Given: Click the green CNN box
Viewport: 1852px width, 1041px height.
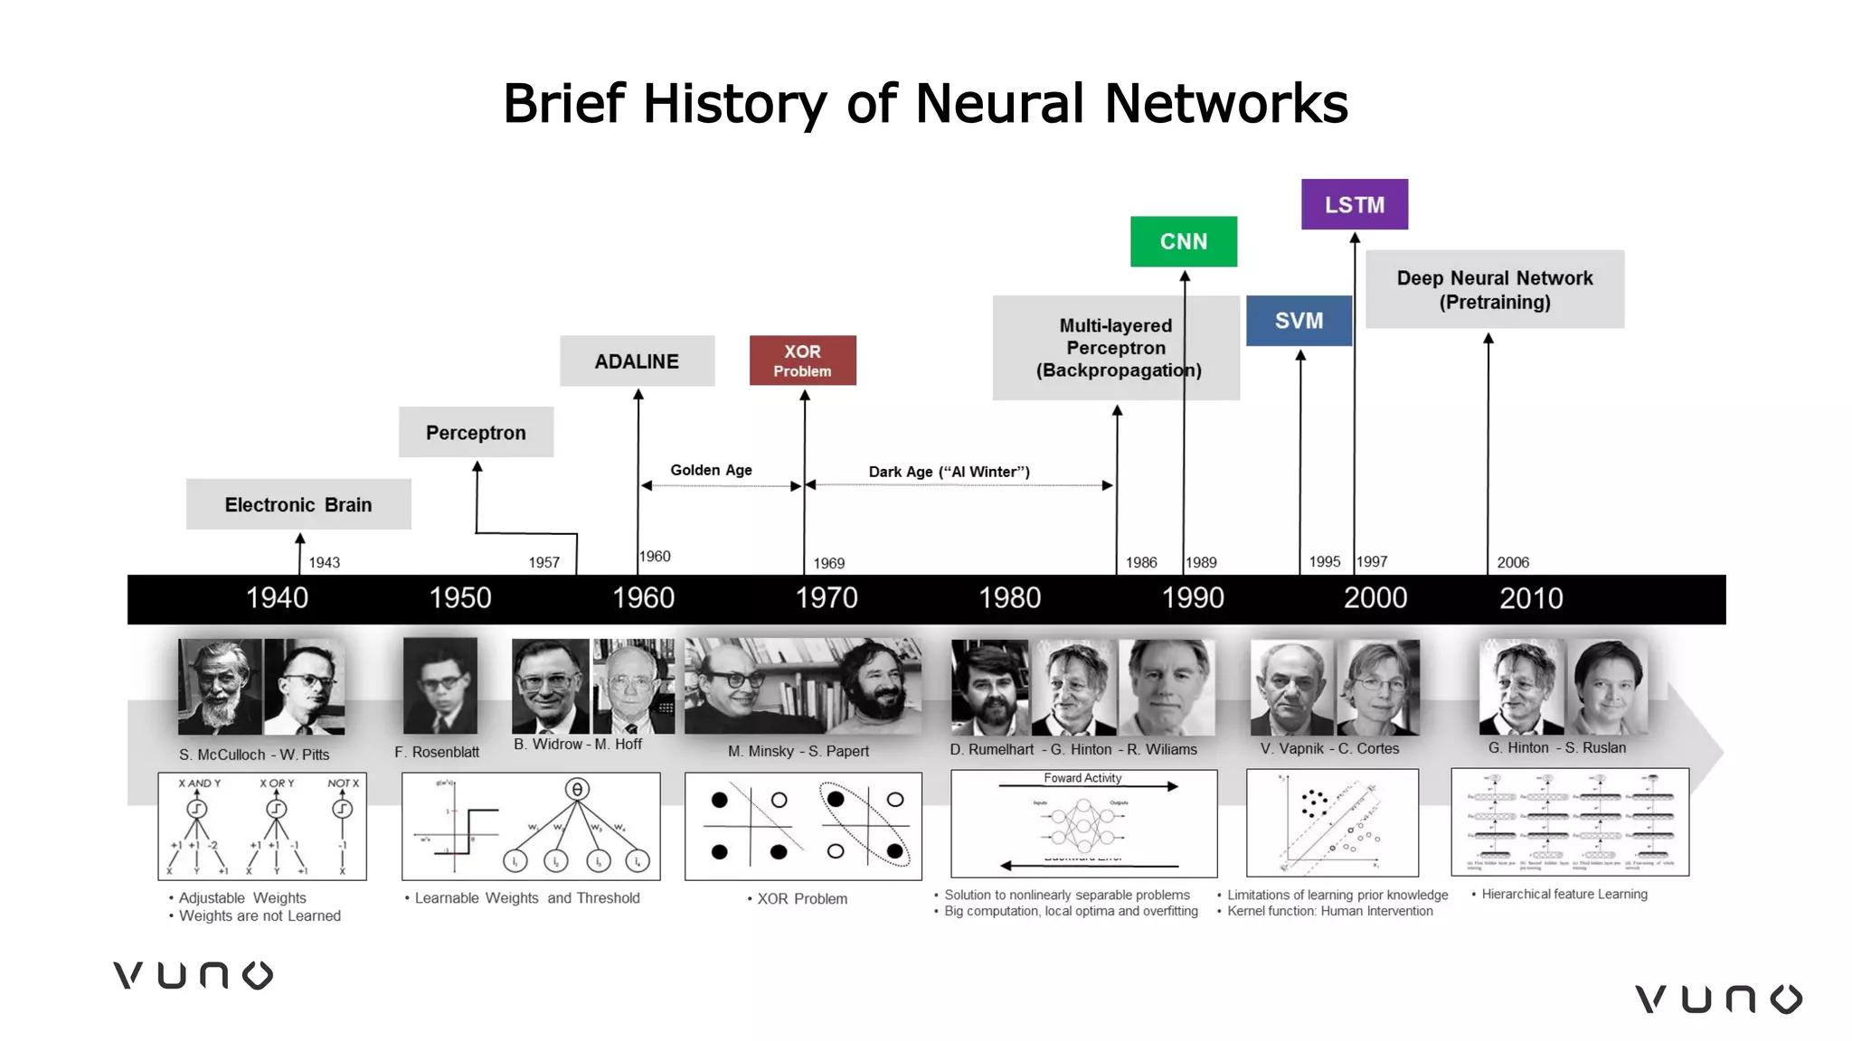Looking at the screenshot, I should point(1183,241).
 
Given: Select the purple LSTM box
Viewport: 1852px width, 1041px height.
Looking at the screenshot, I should point(1354,205).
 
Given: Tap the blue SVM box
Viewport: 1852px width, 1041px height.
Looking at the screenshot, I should point(1299,321).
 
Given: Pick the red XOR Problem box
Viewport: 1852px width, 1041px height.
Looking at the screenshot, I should point(802,361).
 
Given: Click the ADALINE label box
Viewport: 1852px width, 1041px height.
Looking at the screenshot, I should point(637,361).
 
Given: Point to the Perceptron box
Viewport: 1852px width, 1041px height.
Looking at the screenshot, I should point(476,433).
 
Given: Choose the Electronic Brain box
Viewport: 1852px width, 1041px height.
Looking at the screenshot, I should point(298,505).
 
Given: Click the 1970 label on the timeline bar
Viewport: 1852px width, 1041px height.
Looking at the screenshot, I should point(827,598).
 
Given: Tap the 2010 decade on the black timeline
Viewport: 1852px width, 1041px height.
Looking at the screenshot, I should point(1531,598).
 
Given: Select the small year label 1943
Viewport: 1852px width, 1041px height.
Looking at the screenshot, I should point(324,563).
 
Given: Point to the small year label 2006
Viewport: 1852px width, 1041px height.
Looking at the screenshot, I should point(1513,563).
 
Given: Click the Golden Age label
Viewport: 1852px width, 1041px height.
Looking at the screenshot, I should point(711,470).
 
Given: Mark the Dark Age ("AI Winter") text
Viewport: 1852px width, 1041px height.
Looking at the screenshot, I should point(949,472).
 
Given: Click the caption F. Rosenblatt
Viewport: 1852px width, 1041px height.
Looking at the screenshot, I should point(437,752).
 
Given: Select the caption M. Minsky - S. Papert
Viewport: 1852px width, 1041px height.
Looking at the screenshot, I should point(798,751).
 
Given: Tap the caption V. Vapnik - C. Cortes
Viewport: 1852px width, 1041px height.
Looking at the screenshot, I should point(1329,748).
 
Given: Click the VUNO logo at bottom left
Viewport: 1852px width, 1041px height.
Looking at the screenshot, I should point(193,976).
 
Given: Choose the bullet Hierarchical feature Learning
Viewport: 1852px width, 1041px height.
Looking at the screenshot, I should point(1564,894).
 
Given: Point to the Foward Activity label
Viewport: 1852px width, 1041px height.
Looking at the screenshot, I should point(1082,778).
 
